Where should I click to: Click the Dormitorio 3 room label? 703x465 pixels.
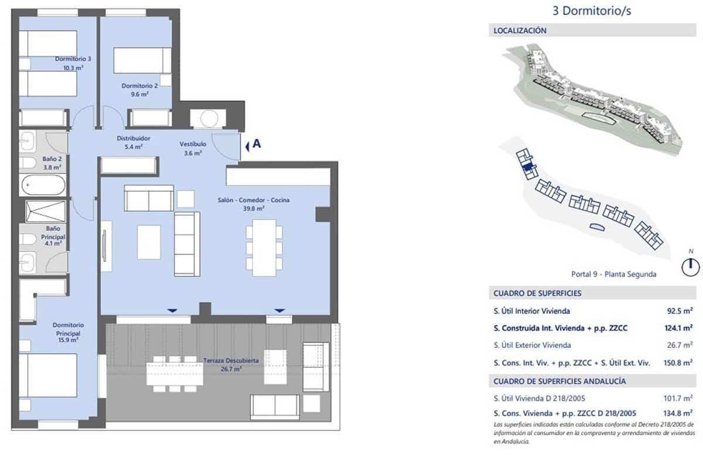pos(73,63)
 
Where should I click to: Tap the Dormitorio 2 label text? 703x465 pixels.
pos(135,89)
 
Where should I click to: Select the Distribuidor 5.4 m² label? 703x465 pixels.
pos(134,142)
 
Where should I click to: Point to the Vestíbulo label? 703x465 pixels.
pos(192,147)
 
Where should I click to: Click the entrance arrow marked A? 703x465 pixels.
pos(252,145)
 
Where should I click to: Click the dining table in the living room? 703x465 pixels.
pos(264,247)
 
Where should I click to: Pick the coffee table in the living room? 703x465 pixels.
pos(149,242)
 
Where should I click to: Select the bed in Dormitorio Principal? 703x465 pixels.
pos(47,375)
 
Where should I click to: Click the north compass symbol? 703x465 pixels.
pos(691,267)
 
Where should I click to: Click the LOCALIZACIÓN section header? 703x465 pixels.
pos(520,30)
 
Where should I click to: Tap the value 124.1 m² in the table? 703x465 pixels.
pos(679,328)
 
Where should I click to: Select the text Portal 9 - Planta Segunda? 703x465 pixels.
pos(613,274)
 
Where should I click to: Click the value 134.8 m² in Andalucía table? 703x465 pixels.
pos(679,412)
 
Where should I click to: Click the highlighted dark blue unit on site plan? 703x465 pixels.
pos(528,167)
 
